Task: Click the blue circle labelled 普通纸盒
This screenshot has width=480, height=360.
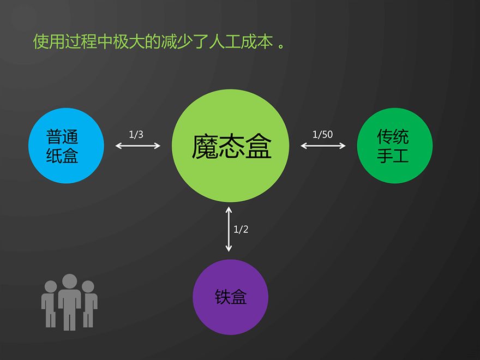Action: pyautogui.click(x=66, y=146)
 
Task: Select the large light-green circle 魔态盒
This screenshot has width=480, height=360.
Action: pyautogui.click(x=230, y=146)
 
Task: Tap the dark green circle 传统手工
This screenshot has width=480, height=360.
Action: pyautogui.click(x=394, y=146)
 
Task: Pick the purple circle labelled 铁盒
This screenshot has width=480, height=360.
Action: pyautogui.click(x=230, y=297)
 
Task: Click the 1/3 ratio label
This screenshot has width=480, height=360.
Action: pyautogui.click(x=136, y=134)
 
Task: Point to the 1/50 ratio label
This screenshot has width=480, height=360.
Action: pyautogui.click(x=323, y=134)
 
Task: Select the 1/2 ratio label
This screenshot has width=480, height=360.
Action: pyautogui.click(x=241, y=229)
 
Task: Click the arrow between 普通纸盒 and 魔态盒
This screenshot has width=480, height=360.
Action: pyautogui.click(x=138, y=146)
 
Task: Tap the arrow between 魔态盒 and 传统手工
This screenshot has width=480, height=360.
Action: pyautogui.click(x=323, y=146)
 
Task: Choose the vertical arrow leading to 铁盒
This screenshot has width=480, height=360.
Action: pyautogui.click(x=229, y=229)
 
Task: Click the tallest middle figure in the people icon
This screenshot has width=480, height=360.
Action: pyautogui.click(x=69, y=302)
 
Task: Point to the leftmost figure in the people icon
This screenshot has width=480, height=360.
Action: pyautogui.click(x=49, y=304)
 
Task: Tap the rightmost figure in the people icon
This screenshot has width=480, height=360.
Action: pyautogui.click(x=89, y=304)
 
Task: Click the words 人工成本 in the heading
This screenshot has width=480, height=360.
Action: pyautogui.click(x=241, y=41)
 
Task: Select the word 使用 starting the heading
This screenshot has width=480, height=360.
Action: pyautogui.click(x=49, y=41)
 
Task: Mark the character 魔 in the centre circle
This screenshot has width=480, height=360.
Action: pyautogui.click(x=205, y=146)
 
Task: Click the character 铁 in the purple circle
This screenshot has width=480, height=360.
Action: pyautogui.click(x=222, y=297)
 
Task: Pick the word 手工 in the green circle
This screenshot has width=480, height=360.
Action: pyautogui.click(x=393, y=155)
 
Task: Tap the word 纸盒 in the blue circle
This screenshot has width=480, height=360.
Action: pyautogui.click(x=62, y=155)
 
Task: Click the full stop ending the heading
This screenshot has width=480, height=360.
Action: pyautogui.click(x=281, y=46)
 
